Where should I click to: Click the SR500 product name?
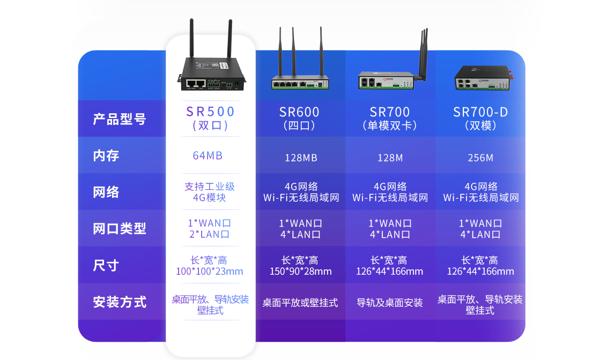pos(210,112)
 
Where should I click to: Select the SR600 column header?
pos(299,112)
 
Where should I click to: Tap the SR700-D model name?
pos(480,112)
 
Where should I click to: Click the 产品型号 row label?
pos(120,119)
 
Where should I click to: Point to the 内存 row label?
pos(106,156)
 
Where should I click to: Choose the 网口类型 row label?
pos(120,229)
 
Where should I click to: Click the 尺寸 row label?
pos(106,266)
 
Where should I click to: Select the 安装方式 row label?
pos(120,302)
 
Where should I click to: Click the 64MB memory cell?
pos(208,156)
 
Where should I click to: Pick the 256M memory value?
pos(480,158)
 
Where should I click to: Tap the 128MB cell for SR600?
pos(301,158)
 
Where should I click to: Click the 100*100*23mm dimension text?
pos(209,271)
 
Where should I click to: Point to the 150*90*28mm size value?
pos(301,271)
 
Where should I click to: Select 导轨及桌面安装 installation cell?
pos(389,303)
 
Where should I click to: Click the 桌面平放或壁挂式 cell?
pos(300,303)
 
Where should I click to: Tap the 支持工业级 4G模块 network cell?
pos(210,192)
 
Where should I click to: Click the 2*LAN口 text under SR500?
pos(209,234)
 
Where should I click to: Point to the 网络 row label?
pos(106,192)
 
